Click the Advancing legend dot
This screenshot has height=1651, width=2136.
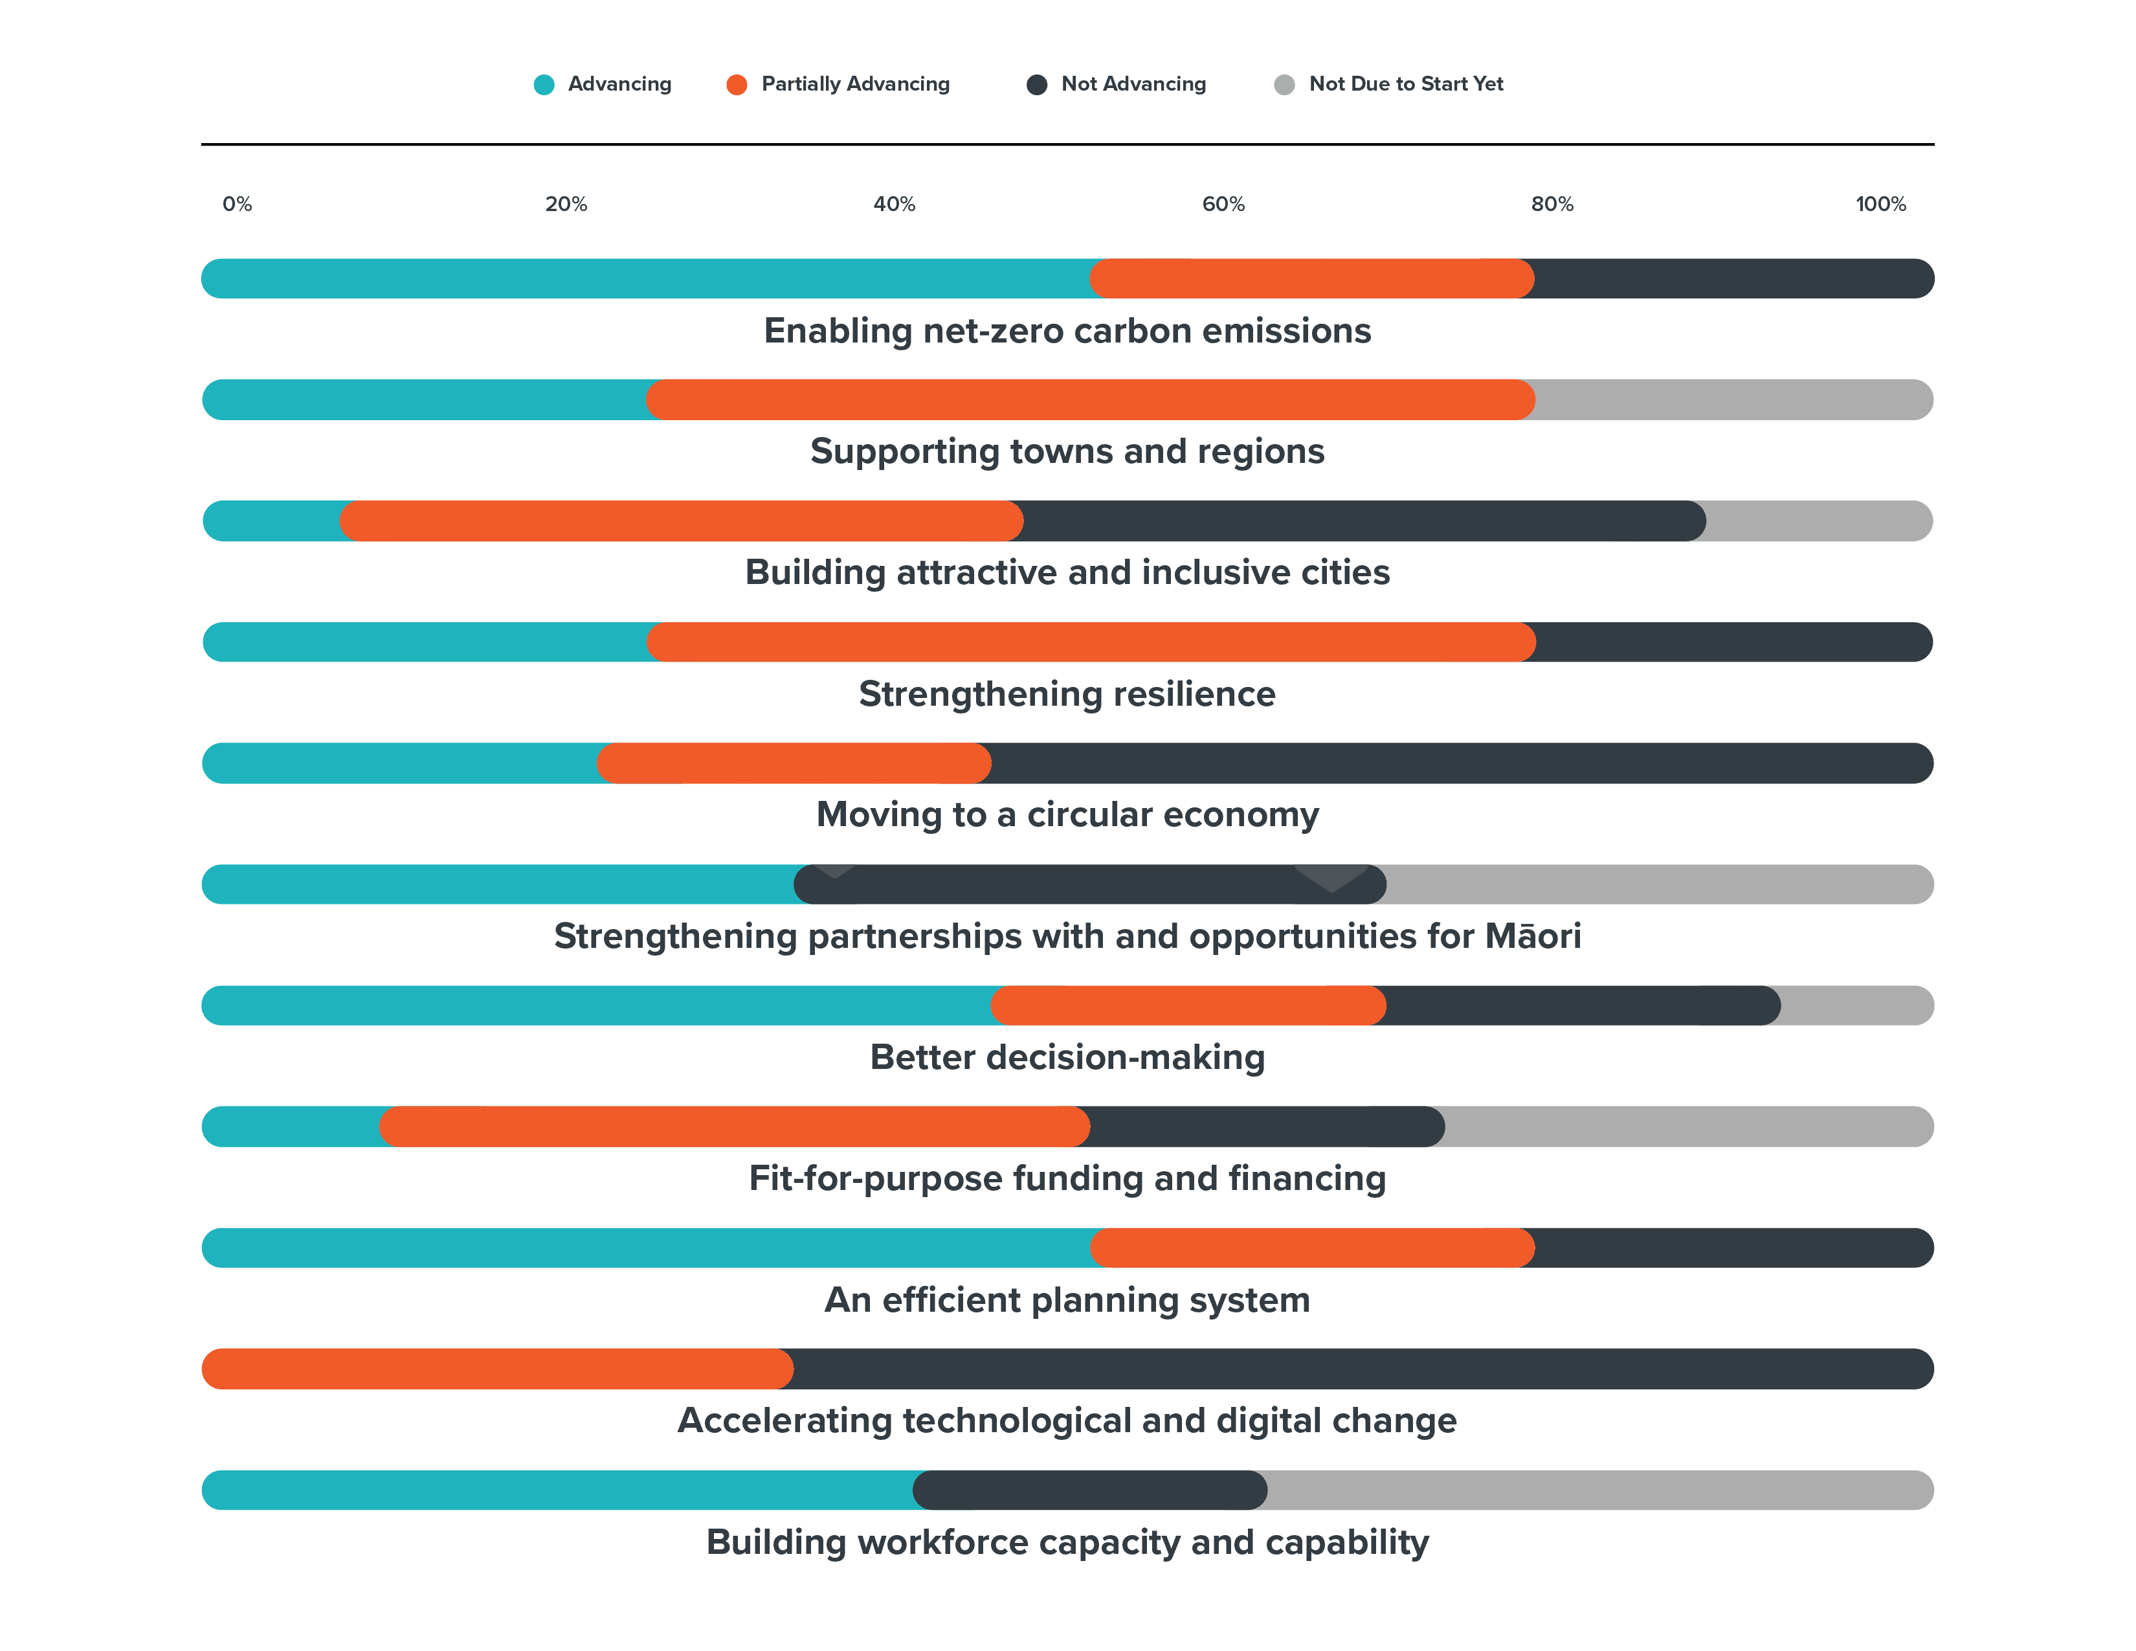point(544,85)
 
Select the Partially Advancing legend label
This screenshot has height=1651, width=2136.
point(855,84)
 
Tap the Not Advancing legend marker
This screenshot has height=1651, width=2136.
point(1037,85)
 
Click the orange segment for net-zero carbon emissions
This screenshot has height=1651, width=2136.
point(1311,279)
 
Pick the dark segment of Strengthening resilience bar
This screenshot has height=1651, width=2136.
point(1733,643)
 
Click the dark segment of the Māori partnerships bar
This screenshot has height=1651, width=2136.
point(1089,885)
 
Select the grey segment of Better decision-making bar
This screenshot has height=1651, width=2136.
point(1856,1005)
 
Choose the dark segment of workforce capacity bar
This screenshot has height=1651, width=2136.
point(1089,1490)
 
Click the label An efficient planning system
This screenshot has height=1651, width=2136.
point(1067,1300)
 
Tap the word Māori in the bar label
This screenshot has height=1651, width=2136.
point(1533,936)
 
